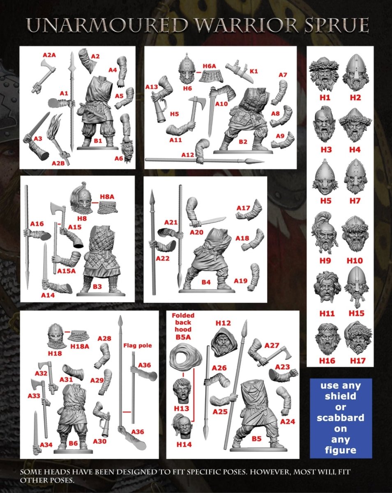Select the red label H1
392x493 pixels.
(325, 98)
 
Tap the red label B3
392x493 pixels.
(97, 286)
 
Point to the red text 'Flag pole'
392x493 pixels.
(138, 345)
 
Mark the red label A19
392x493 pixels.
(240, 281)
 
